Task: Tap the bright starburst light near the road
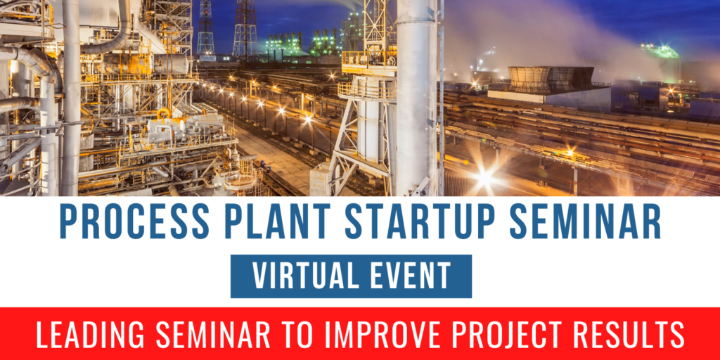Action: pos(484,178)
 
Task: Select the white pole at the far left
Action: pos(70,98)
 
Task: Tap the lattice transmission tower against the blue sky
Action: pos(245,28)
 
